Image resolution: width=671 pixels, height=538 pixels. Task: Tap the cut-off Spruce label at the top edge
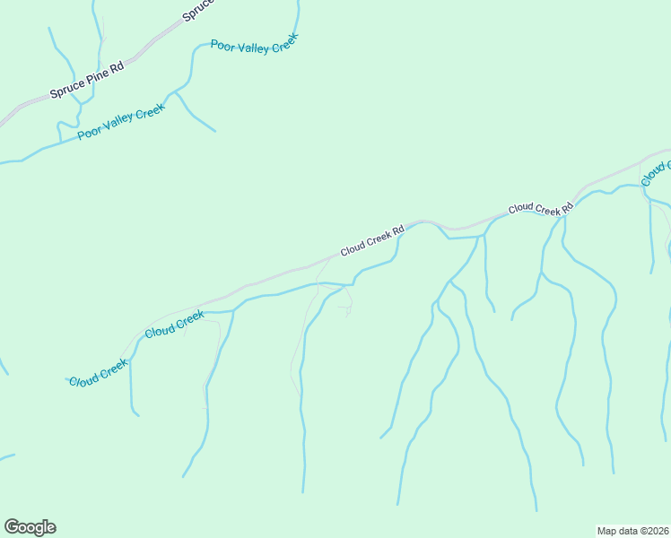tap(200, 12)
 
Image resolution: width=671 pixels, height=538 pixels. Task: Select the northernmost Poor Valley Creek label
tap(253, 44)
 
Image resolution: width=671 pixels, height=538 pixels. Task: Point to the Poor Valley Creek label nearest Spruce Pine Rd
tap(121, 122)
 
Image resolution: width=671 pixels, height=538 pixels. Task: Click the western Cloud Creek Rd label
tap(372, 240)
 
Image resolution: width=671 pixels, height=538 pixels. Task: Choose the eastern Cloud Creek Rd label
tap(541, 209)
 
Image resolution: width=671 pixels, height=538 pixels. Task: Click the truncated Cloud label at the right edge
tap(657, 172)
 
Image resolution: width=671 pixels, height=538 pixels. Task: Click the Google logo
tap(30, 527)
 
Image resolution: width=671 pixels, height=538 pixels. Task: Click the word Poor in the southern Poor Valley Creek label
tap(90, 134)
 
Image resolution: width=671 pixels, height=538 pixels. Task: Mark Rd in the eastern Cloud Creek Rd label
tap(567, 210)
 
